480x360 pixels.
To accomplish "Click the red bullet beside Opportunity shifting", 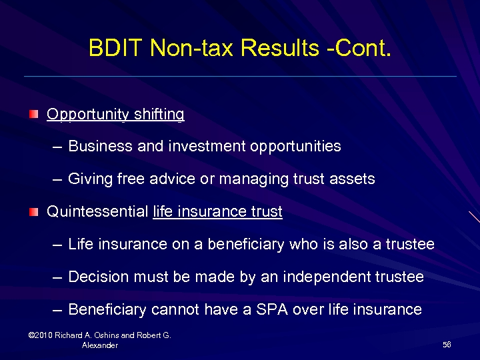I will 33,115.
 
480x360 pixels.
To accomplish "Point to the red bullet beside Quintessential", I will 33,212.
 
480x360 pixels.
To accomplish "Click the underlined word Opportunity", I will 88,115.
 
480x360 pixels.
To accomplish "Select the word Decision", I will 97,277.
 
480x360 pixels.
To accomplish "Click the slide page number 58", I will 447,344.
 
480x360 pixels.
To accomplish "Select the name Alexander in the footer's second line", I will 100,345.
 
